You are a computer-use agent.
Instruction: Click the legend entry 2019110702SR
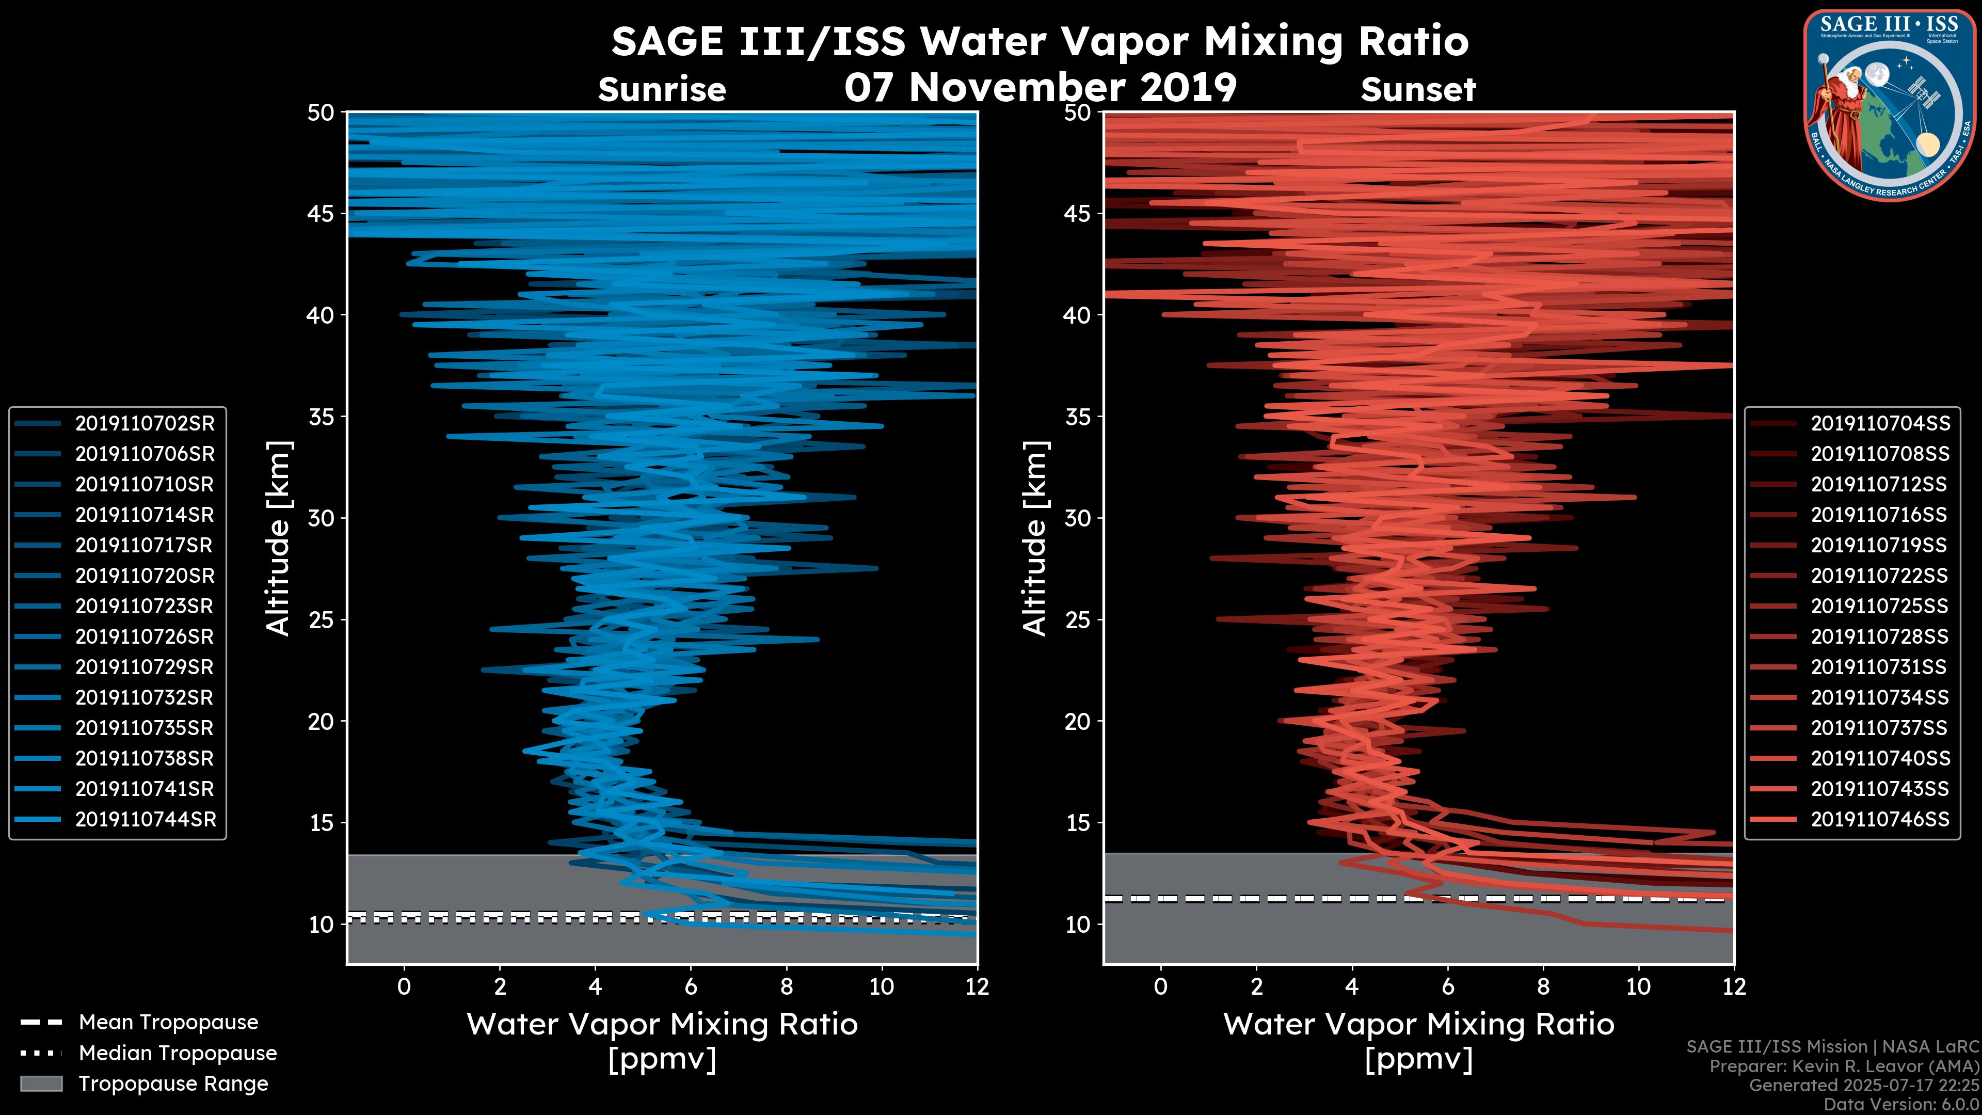coord(145,423)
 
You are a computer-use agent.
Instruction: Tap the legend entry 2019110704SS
coord(1880,423)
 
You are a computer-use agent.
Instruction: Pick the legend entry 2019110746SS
coord(1880,820)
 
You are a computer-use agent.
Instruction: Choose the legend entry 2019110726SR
coord(144,636)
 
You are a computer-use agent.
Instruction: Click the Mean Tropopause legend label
coord(168,1022)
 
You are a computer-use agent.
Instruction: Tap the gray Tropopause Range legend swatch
coord(41,1084)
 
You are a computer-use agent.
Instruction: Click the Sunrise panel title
coord(662,89)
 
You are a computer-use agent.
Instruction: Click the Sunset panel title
coord(1418,89)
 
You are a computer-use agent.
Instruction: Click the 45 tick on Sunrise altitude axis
coord(322,213)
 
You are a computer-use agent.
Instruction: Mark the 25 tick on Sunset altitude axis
coord(1078,619)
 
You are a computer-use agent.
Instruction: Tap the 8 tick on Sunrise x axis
coord(786,986)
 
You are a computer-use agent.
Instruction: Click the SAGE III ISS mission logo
coord(1890,105)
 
